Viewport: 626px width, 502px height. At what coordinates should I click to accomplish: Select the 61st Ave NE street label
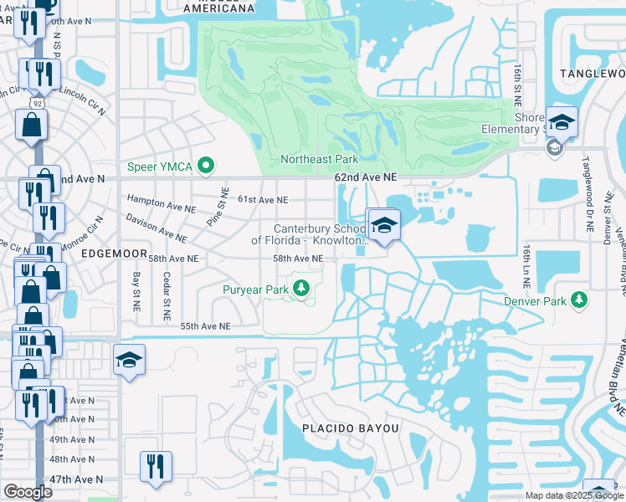[263, 200]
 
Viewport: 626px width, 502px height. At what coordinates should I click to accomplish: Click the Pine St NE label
[218, 208]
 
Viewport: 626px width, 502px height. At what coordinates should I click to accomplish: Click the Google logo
[28, 492]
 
